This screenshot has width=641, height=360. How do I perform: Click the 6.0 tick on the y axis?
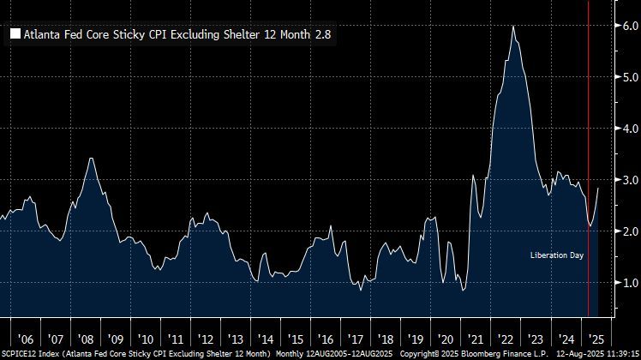(x=628, y=26)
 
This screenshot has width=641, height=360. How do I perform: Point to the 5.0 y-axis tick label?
(x=628, y=77)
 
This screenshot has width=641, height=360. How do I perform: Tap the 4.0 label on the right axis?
(x=628, y=129)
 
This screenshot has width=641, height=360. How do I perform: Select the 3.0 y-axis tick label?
(x=628, y=180)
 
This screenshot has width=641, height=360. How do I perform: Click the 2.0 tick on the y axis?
(x=628, y=231)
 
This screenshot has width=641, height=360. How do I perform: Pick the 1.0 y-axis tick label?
(x=628, y=283)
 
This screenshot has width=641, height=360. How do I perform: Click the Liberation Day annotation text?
(x=557, y=255)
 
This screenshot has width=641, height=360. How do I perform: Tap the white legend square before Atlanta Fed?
(x=15, y=35)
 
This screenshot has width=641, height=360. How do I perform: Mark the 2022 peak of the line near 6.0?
(x=512, y=27)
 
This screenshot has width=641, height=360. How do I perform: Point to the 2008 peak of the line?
(x=93, y=159)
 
